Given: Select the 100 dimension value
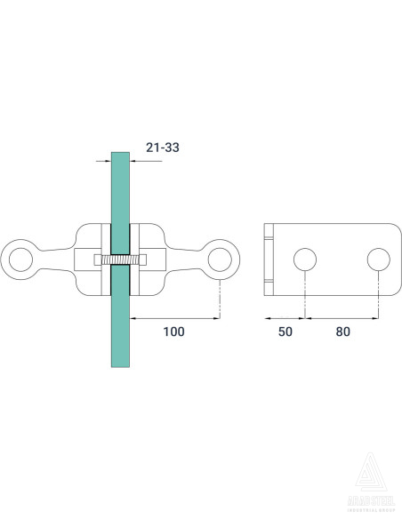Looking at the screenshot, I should click(174, 331).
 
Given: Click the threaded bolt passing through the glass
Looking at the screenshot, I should click(120, 259).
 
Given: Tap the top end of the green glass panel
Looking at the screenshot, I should click(120, 156).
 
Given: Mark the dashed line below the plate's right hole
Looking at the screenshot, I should click(379, 293).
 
